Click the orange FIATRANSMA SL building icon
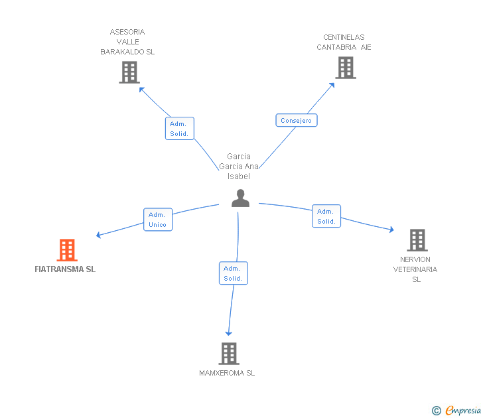[x=66, y=250]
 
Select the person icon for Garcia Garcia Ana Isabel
[x=240, y=198]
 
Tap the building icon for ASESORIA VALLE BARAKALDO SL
[x=129, y=72]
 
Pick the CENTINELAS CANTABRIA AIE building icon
[x=345, y=67]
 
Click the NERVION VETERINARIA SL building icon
[x=417, y=240]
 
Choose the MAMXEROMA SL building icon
[x=228, y=354]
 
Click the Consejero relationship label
[x=296, y=120]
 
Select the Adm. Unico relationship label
[x=158, y=220]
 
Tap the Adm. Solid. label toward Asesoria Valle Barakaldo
[x=179, y=129]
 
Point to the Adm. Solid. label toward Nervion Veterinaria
[x=326, y=216]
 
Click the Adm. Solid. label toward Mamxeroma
[x=233, y=273]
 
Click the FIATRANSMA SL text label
[x=65, y=269]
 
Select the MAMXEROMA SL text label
[x=227, y=373]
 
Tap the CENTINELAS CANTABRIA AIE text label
[x=344, y=42]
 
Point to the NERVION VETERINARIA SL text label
[x=415, y=269]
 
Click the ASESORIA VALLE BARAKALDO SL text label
[x=127, y=42]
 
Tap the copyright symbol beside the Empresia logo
[x=436, y=411]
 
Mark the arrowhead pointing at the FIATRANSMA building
[x=98, y=235]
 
